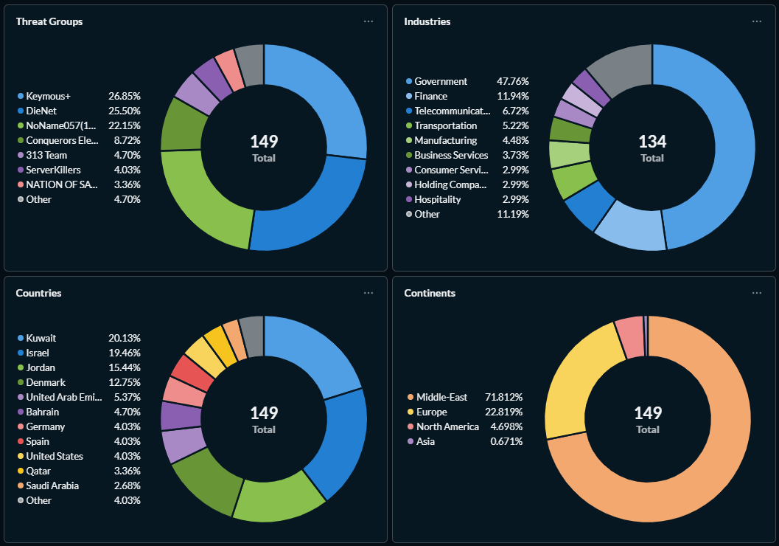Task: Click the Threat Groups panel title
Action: click(x=49, y=21)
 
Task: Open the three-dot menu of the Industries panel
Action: click(x=756, y=21)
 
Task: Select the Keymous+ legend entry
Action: click(x=48, y=96)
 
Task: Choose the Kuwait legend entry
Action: click(x=41, y=338)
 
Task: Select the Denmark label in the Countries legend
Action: click(x=46, y=382)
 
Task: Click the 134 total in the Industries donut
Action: click(x=652, y=142)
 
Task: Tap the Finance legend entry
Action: click(x=430, y=96)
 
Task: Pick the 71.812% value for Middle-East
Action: click(x=503, y=397)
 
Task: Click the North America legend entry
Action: click(x=447, y=426)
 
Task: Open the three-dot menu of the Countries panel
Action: click(x=368, y=293)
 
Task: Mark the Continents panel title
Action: click(x=430, y=293)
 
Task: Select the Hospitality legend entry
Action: click(x=437, y=199)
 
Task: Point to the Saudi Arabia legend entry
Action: click(x=52, y=485)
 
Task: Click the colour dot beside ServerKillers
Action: click(x=21, y=170)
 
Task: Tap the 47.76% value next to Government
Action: click(x=512, y=81)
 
